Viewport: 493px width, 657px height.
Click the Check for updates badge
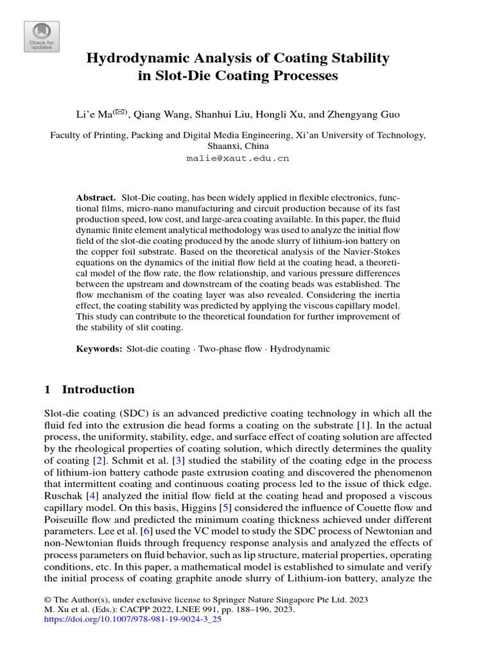(x=42, y=37)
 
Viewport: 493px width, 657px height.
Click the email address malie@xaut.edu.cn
(x=238, y=157)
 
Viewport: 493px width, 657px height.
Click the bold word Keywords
(x=99, y=349)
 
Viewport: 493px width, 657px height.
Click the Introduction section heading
(x=98, y=389)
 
